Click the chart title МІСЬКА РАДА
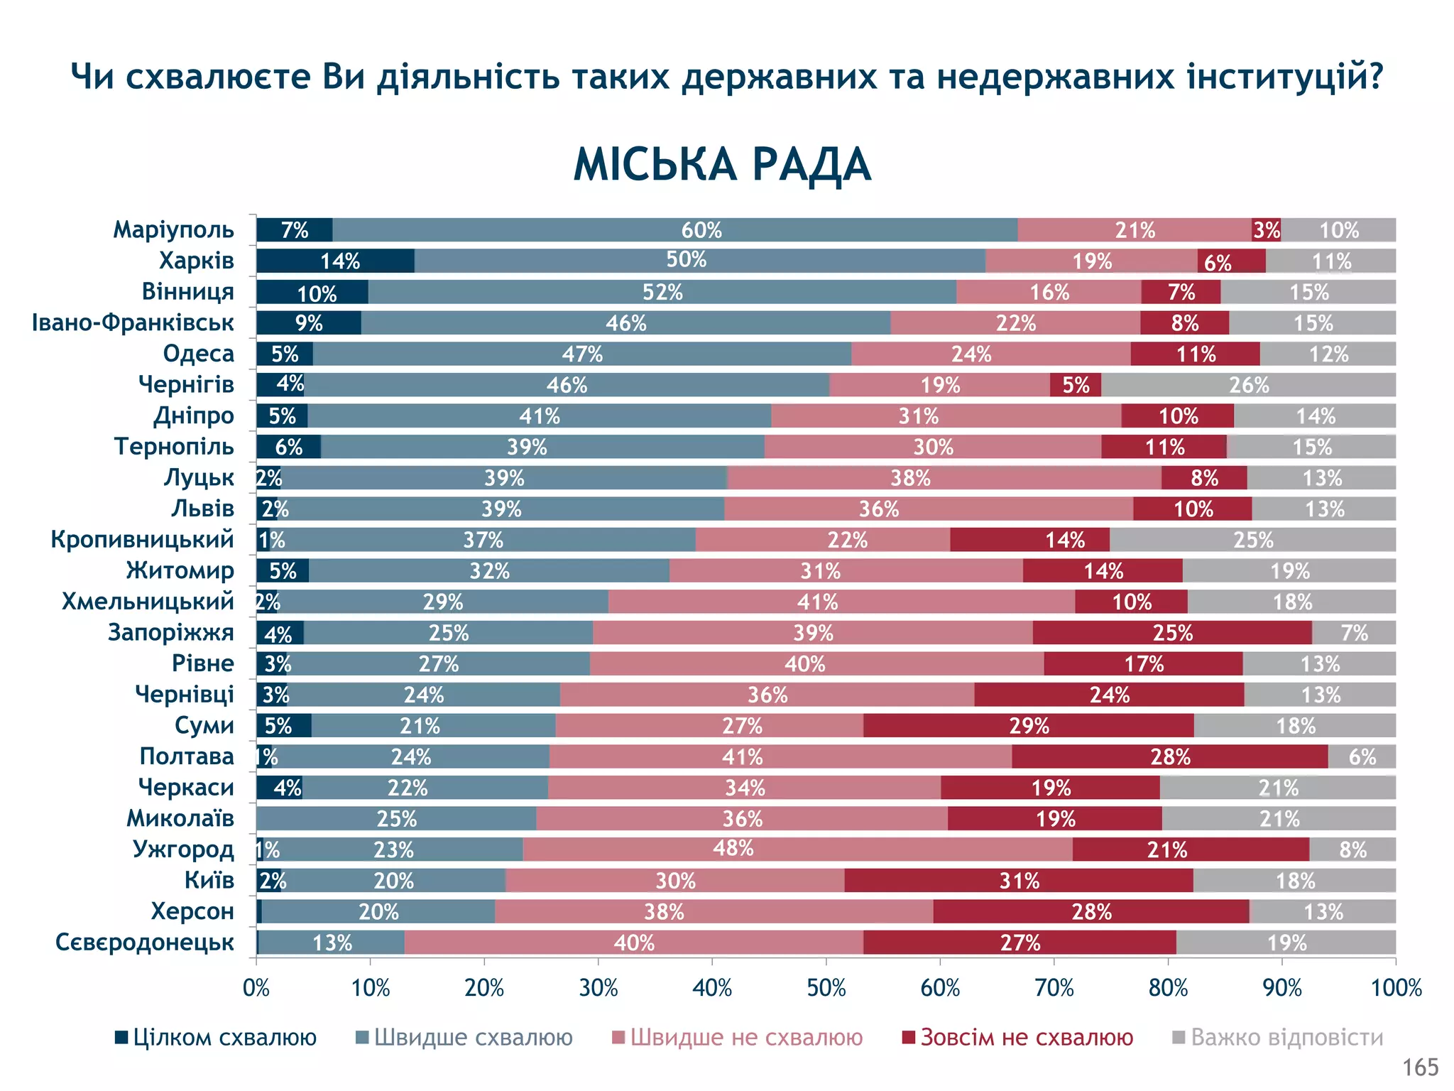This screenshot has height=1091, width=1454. coord(721,165)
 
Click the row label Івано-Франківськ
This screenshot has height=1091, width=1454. coord(133,322)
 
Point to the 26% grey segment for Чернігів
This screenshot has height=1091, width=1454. coord(1248,385)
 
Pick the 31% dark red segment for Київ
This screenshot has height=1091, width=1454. coord(1019,881)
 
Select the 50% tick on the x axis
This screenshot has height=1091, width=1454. coord(826,988)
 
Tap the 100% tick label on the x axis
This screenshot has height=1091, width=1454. coord(1396,988)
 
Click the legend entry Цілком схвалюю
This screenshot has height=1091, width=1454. coord(216,1038)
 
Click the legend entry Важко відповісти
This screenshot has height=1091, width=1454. coord(1278,1038)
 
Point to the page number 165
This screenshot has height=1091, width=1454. coord(1420,1067)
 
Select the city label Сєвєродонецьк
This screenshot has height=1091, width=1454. coord(145,943)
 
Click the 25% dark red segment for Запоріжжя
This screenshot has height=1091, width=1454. coord(1172,633)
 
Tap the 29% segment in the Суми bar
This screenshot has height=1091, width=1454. coord(1029,726)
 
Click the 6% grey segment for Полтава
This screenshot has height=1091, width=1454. coord(1361,756)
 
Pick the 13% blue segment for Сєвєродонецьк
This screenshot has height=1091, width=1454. coord(332,943)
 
